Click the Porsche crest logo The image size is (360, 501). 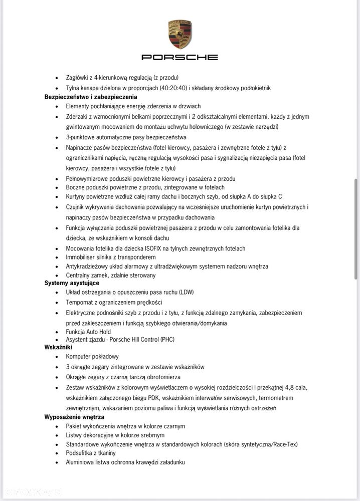coord(179,34)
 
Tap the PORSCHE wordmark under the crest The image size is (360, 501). coord(179,57)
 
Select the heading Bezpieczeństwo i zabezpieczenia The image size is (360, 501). coord(91,97)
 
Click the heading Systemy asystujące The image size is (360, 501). coord(72,283)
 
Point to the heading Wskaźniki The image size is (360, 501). coord(58,347)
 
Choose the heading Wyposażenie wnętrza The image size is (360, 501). coord(74,417)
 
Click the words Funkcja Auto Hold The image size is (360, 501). coord(88,332)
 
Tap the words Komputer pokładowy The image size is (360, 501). coord(92,356)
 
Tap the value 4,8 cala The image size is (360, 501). coord(293,387)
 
